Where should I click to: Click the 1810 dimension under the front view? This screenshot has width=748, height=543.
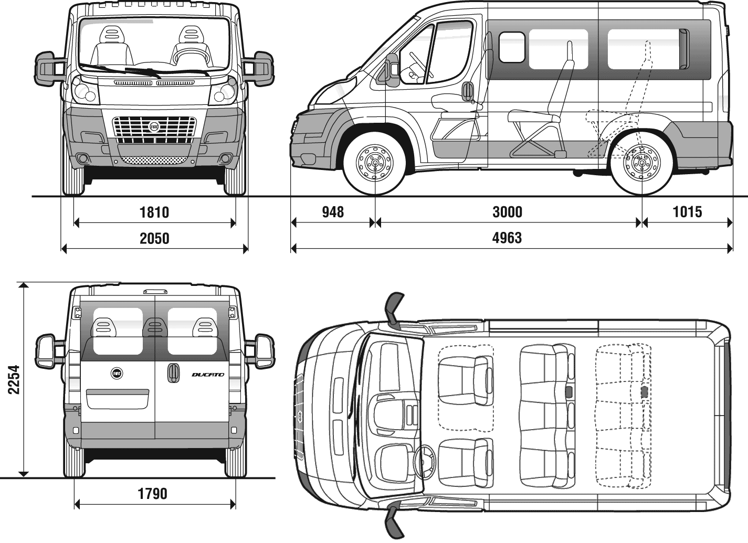[154, 212]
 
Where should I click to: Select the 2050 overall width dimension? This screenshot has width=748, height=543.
[154, 239]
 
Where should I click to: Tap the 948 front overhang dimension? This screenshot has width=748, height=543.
[333, 212]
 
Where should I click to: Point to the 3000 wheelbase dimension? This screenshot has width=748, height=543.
[507, 212]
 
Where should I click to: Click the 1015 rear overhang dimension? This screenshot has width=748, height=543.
[687, 212]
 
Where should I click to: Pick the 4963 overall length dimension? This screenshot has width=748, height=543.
[507, 238]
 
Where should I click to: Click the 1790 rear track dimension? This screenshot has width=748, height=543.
[152, 494]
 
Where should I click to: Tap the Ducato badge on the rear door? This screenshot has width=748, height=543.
[208, 375]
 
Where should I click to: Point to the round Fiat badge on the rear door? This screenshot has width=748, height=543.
[117, 373]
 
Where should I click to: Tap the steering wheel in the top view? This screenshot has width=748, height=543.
[425, 462]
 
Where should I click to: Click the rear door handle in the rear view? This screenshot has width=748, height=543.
[170, 372]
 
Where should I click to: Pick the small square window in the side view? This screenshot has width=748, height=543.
[512, 47]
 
